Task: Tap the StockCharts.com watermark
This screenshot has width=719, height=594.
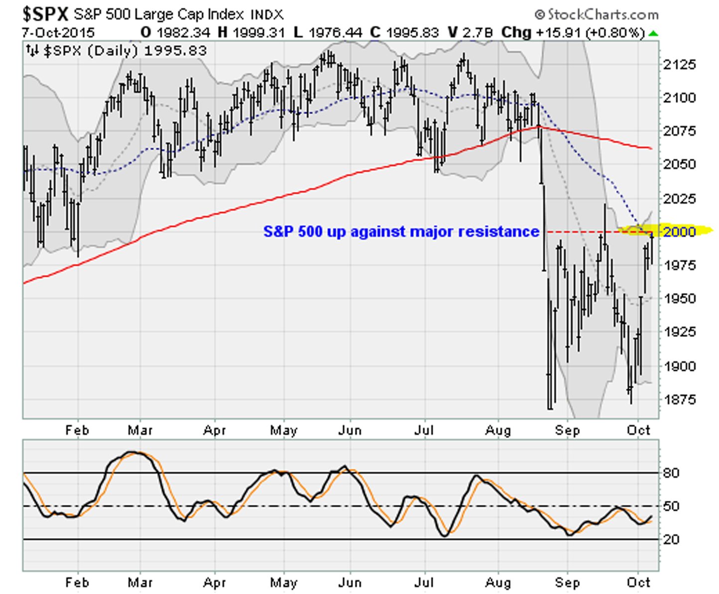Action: point(597,14)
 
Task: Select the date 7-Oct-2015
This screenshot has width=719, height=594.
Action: point(58,33)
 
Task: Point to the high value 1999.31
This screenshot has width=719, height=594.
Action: point(258,33)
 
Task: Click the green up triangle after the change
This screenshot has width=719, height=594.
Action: point(653,34)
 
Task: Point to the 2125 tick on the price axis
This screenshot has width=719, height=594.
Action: point(679,64)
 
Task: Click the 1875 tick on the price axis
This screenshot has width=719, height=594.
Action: point(679,399)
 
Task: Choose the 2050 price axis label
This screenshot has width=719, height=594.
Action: point(679,164)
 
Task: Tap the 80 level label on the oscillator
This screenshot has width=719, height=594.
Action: point(671,473)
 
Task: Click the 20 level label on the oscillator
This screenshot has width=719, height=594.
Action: point(671,539)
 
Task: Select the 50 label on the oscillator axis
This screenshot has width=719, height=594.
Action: point(671,506)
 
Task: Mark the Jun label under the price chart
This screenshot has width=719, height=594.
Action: point(350,430)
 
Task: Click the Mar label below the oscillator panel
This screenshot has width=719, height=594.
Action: point(140,582)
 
